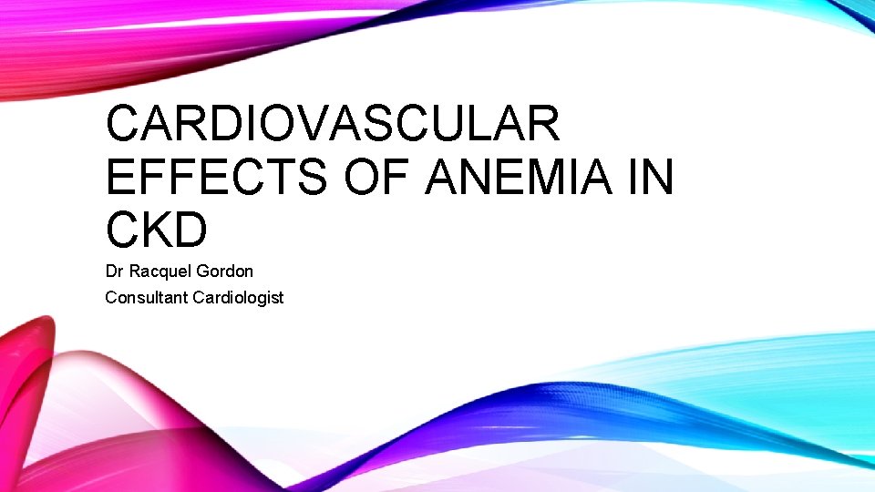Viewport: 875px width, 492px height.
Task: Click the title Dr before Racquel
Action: coord(114,272)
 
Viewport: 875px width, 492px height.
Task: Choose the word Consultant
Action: coord(147,297)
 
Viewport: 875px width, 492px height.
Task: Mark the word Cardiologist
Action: coord(239,297)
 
